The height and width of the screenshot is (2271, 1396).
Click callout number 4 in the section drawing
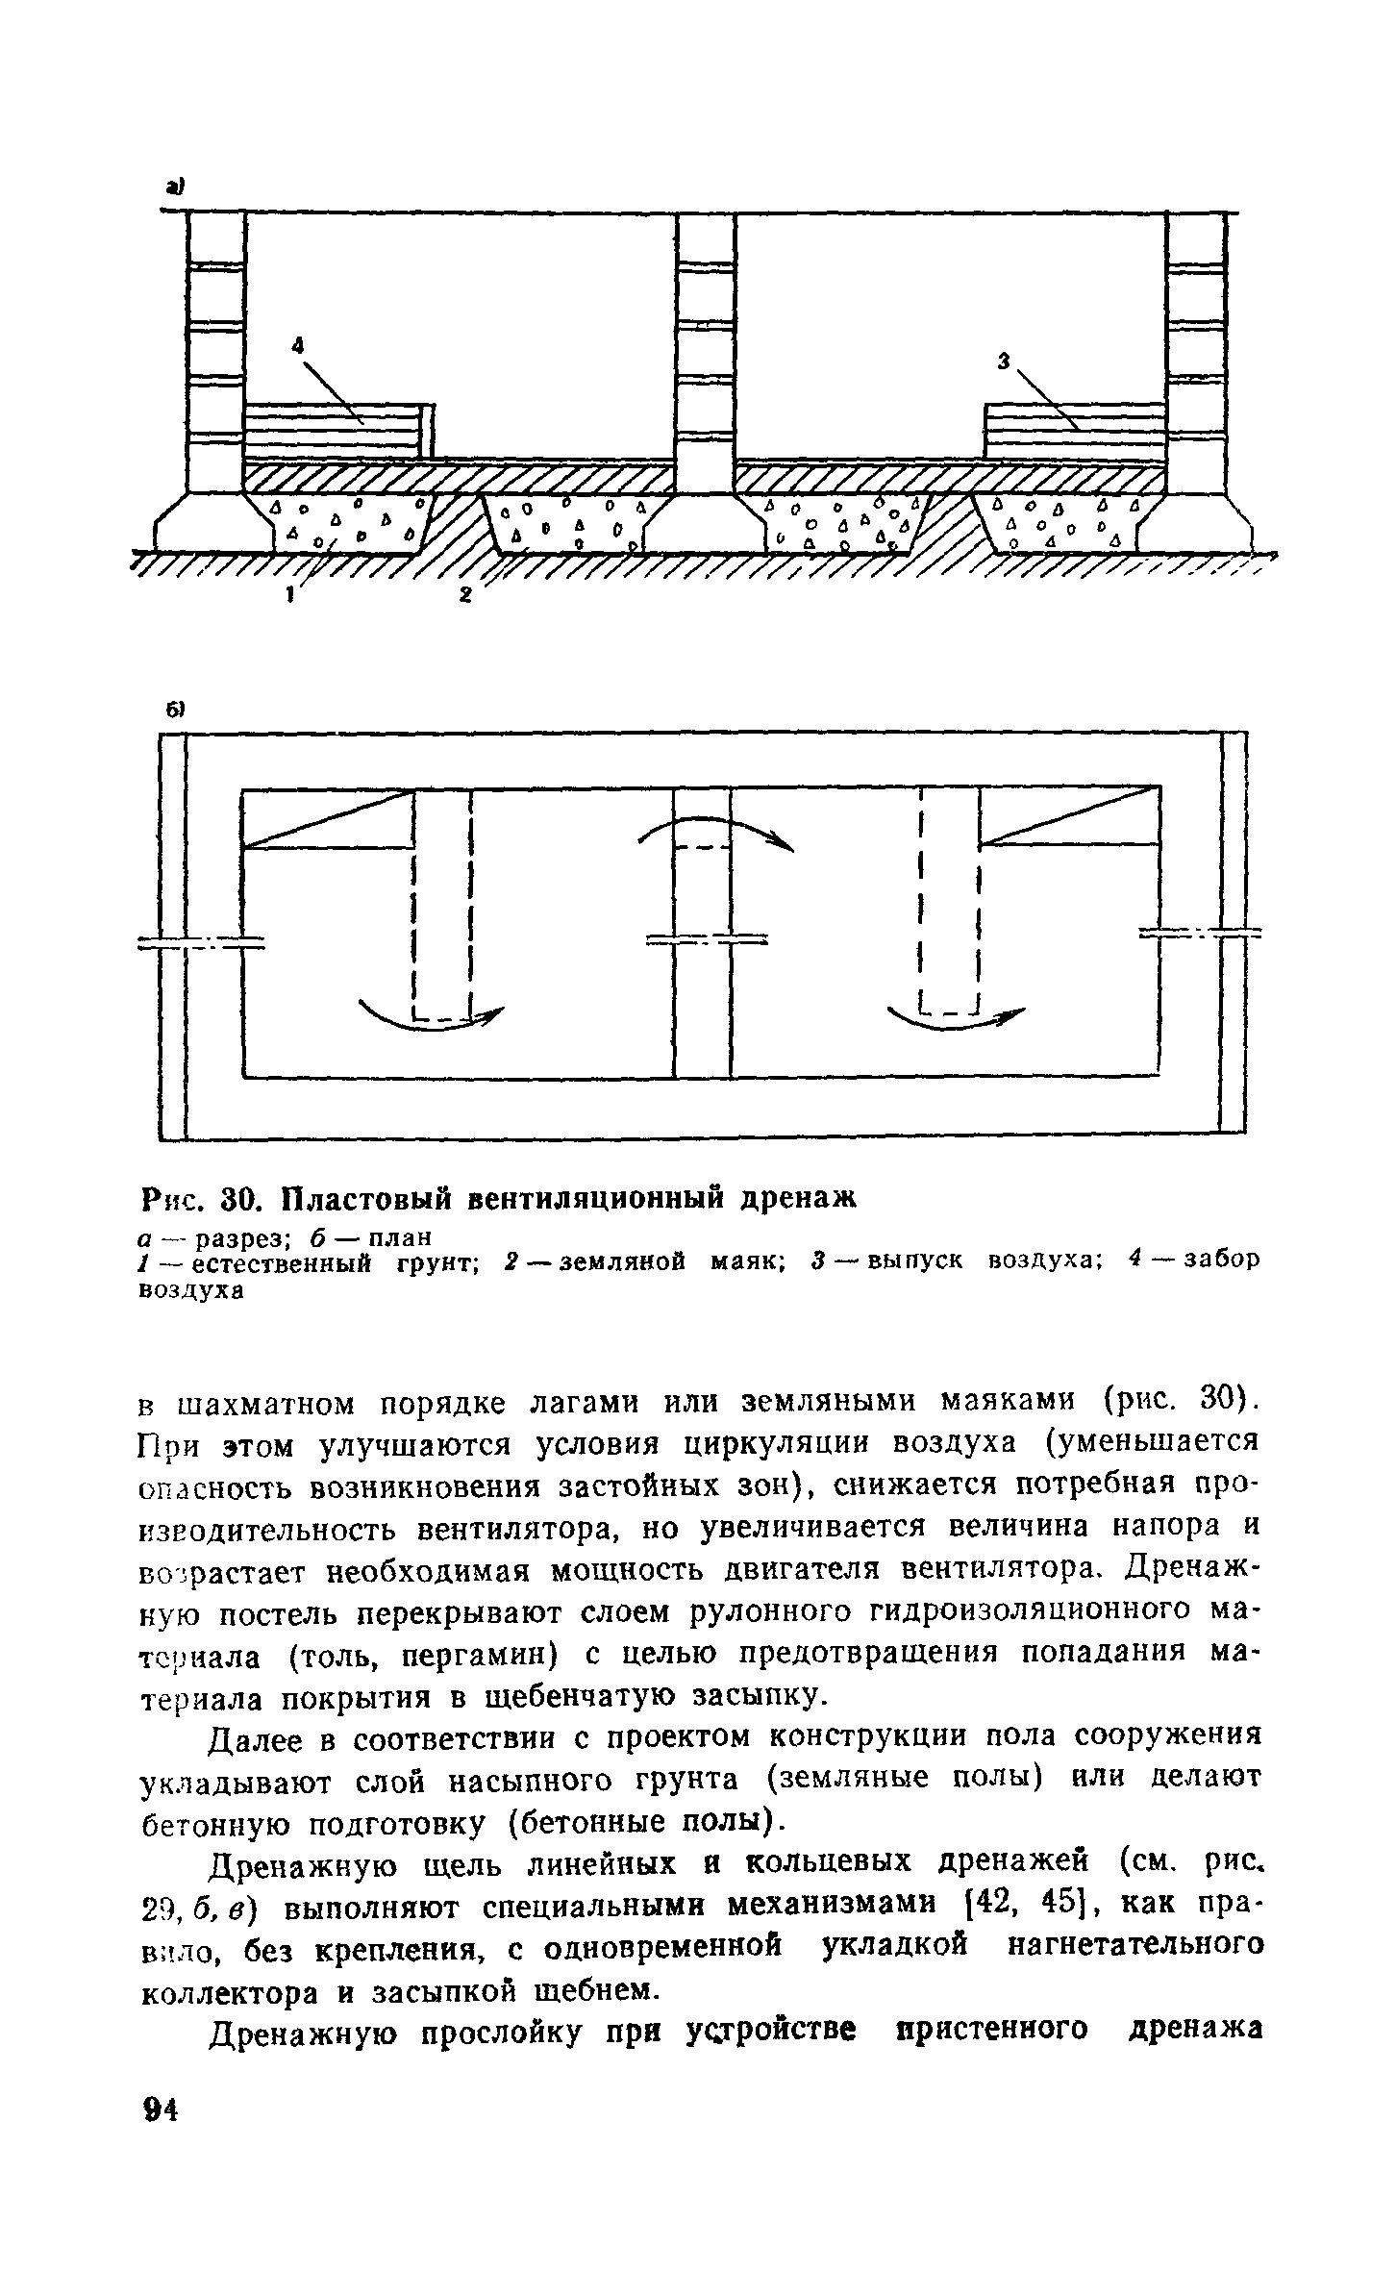[298, 343]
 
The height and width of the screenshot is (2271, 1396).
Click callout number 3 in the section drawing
[1004, 362]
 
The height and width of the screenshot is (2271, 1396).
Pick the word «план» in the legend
[389, 1235]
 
